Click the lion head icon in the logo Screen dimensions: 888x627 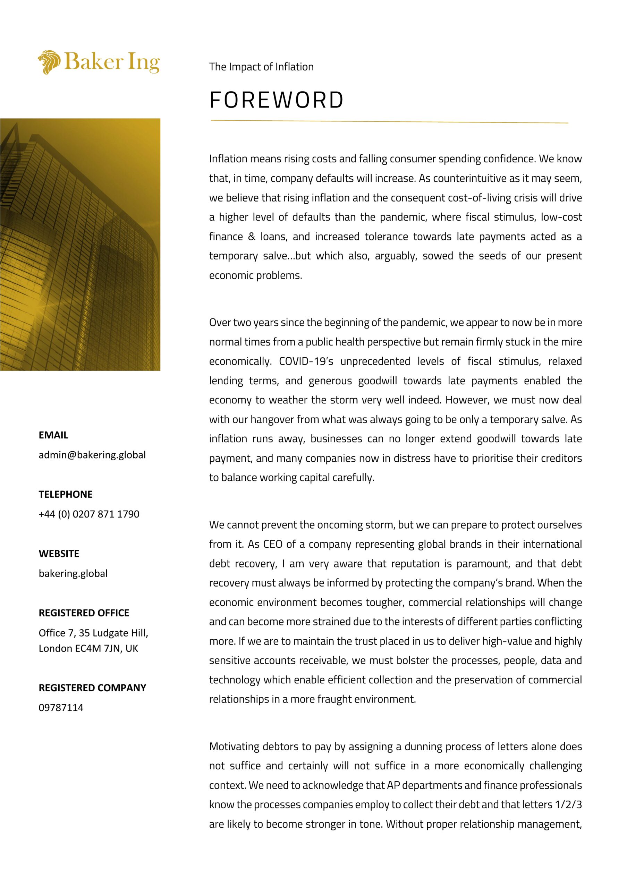pyautogui.click(x=49, y=62)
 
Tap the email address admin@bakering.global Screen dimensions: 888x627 pyautogui.click(x=92, y=455)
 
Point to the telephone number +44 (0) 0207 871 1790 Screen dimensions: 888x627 pyautogui.click(x=89, y=514)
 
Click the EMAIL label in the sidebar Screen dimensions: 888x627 pyautogui.click(x=53, y=435)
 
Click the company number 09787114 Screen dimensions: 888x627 pyautogui.click(x=61, y=707)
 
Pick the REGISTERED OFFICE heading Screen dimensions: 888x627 pyautogui.click(x=84, y=613)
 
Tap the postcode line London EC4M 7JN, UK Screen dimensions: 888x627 pyautogui.click(x=88, y=648)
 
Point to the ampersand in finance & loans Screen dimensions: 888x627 pyautogui.click(x=252, y=236)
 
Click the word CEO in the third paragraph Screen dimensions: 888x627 pyautogui.click(x=273, y=544)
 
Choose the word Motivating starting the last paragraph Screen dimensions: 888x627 pyautogui.click(x=234, y=746)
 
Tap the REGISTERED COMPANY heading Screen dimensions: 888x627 pyautogui.click(x=92, y=688)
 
